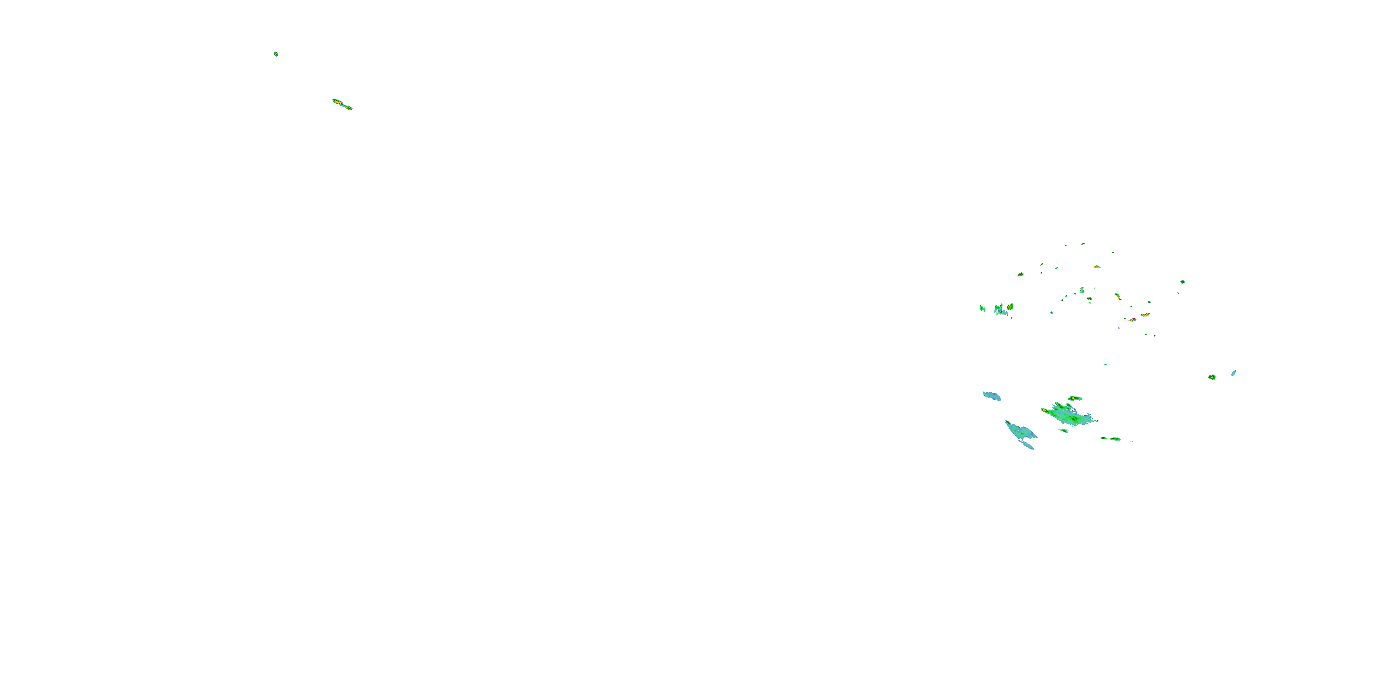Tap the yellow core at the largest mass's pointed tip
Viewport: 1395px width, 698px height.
1043,410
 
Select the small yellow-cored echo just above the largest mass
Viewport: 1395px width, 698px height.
1076,398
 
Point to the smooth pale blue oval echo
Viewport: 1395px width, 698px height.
1234,373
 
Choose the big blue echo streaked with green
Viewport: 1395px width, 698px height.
1021,431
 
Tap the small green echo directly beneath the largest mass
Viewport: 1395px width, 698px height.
1064,431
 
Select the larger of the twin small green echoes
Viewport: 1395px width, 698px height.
1116,439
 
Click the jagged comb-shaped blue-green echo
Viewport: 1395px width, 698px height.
1001,310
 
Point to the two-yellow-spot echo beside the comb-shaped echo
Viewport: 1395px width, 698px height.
1010,307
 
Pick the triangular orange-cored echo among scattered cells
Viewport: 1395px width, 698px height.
1082,290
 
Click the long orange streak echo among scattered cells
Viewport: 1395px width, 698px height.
1145,314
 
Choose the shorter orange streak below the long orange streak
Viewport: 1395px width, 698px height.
1132,320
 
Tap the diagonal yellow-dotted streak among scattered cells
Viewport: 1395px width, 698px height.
1117,296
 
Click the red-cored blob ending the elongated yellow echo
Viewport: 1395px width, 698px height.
349,108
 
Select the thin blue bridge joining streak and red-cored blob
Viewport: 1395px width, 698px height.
344,105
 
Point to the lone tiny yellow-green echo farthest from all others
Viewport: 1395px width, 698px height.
276,54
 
